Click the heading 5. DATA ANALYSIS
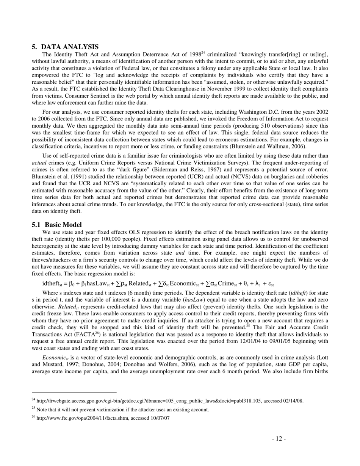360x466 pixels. [65, 47]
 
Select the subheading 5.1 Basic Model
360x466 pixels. [57, 225]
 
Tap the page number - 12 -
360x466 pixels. [279, 439]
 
